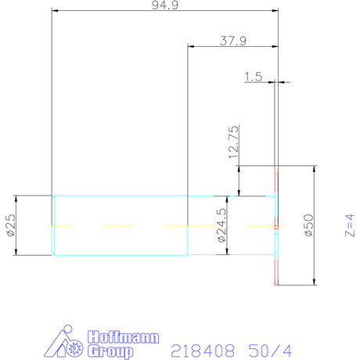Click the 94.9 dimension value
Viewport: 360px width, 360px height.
[x=164, y=6]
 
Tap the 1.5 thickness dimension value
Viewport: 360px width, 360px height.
[x=253, y=77]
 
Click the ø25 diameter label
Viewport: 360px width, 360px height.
[x=11, y=225]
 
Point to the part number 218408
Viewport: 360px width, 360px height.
[x=199, y=350]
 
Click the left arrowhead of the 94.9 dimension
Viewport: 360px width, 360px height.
[x=54, y=10]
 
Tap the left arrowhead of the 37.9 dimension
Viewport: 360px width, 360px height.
[x=190, y=46]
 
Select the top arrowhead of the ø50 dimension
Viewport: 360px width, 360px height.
[x=315, y=168]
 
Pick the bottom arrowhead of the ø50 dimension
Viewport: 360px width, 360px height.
[x=315, y=283]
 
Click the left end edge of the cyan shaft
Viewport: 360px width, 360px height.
[x=52, y=225]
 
